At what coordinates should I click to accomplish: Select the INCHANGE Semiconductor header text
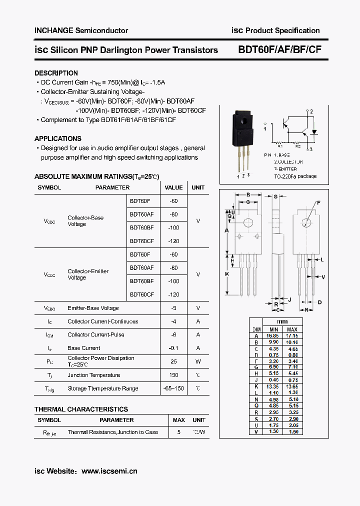(x=81, y=30)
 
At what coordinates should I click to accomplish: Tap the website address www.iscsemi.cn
(x=109, y=471)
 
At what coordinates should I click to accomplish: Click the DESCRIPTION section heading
(x=56, y=73)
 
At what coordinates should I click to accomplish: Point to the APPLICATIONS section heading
(x=57, y=138)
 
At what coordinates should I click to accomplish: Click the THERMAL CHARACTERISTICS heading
(x=81, y=409)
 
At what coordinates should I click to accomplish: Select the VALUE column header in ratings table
(x=173, y=187)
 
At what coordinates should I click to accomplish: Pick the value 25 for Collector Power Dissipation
(x=173, y=361)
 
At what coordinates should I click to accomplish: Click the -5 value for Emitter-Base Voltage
(x=173, y=308)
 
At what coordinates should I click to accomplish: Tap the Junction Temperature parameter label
(x=93, y=375)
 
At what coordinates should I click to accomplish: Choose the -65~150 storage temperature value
(x=173, y=388)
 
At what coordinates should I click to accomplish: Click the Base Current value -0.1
(x=173, y=348)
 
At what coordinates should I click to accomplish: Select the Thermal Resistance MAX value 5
(x=178, y=432)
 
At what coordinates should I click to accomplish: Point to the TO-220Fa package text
(x=295, y=176)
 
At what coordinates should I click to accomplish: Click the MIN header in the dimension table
(x=273, y=329)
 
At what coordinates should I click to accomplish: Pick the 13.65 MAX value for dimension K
(x=292, y=386)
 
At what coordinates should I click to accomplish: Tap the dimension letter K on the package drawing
(x=226, y=274)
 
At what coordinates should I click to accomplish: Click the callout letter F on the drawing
(x=318, y=203)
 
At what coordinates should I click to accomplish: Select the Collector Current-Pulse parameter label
(x=96, y=334)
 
